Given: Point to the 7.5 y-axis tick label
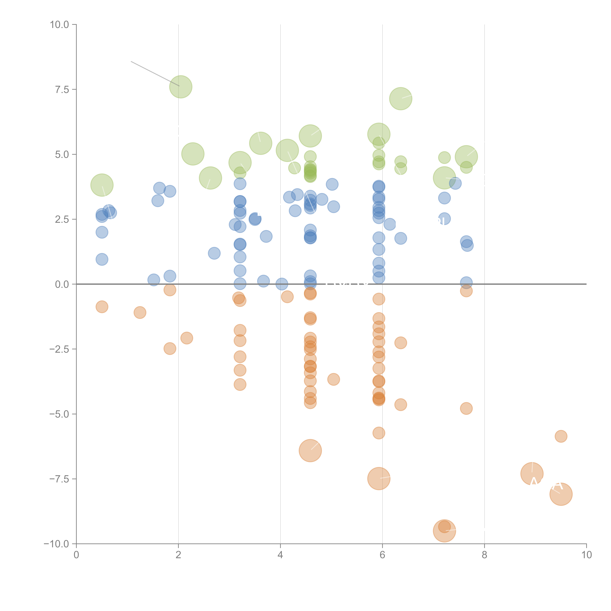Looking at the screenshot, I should (62, 89).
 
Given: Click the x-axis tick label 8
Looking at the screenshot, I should (485, 555).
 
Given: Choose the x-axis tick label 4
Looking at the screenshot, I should (280, 555).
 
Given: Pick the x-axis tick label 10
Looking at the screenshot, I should (586, 555).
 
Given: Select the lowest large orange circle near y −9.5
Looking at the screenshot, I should (444, 531).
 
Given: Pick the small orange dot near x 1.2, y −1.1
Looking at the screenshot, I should (140, 312).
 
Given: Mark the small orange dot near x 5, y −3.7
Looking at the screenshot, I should (333, 379).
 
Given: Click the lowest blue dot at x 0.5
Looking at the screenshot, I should (102, 259).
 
